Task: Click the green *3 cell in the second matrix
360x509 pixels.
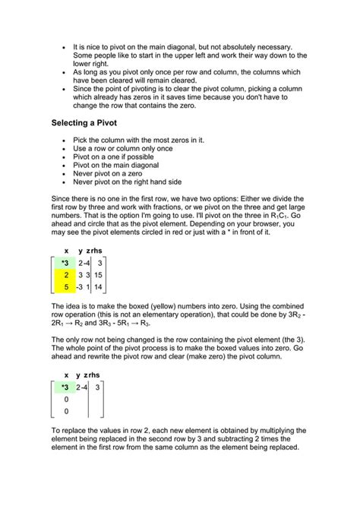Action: pos(65,387)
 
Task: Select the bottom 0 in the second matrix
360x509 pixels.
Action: pos(67,411)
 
